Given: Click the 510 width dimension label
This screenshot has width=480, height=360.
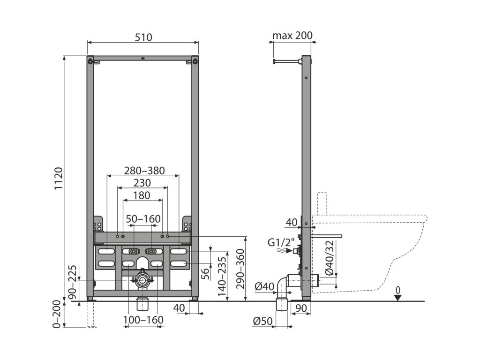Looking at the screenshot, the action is (x=143, y=37).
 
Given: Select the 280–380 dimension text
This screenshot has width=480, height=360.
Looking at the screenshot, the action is (x=144, y=171).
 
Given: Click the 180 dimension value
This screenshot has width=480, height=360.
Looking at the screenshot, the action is (x=141, y=195).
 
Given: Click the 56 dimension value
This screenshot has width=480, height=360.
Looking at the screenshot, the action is (x=205, y=274).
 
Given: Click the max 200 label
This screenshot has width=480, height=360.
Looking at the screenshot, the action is (x=292, y=36).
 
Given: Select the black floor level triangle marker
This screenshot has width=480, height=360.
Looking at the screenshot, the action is (x=398, y=298).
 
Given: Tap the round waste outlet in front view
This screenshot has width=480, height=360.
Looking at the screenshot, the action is (x=141, y=281).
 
